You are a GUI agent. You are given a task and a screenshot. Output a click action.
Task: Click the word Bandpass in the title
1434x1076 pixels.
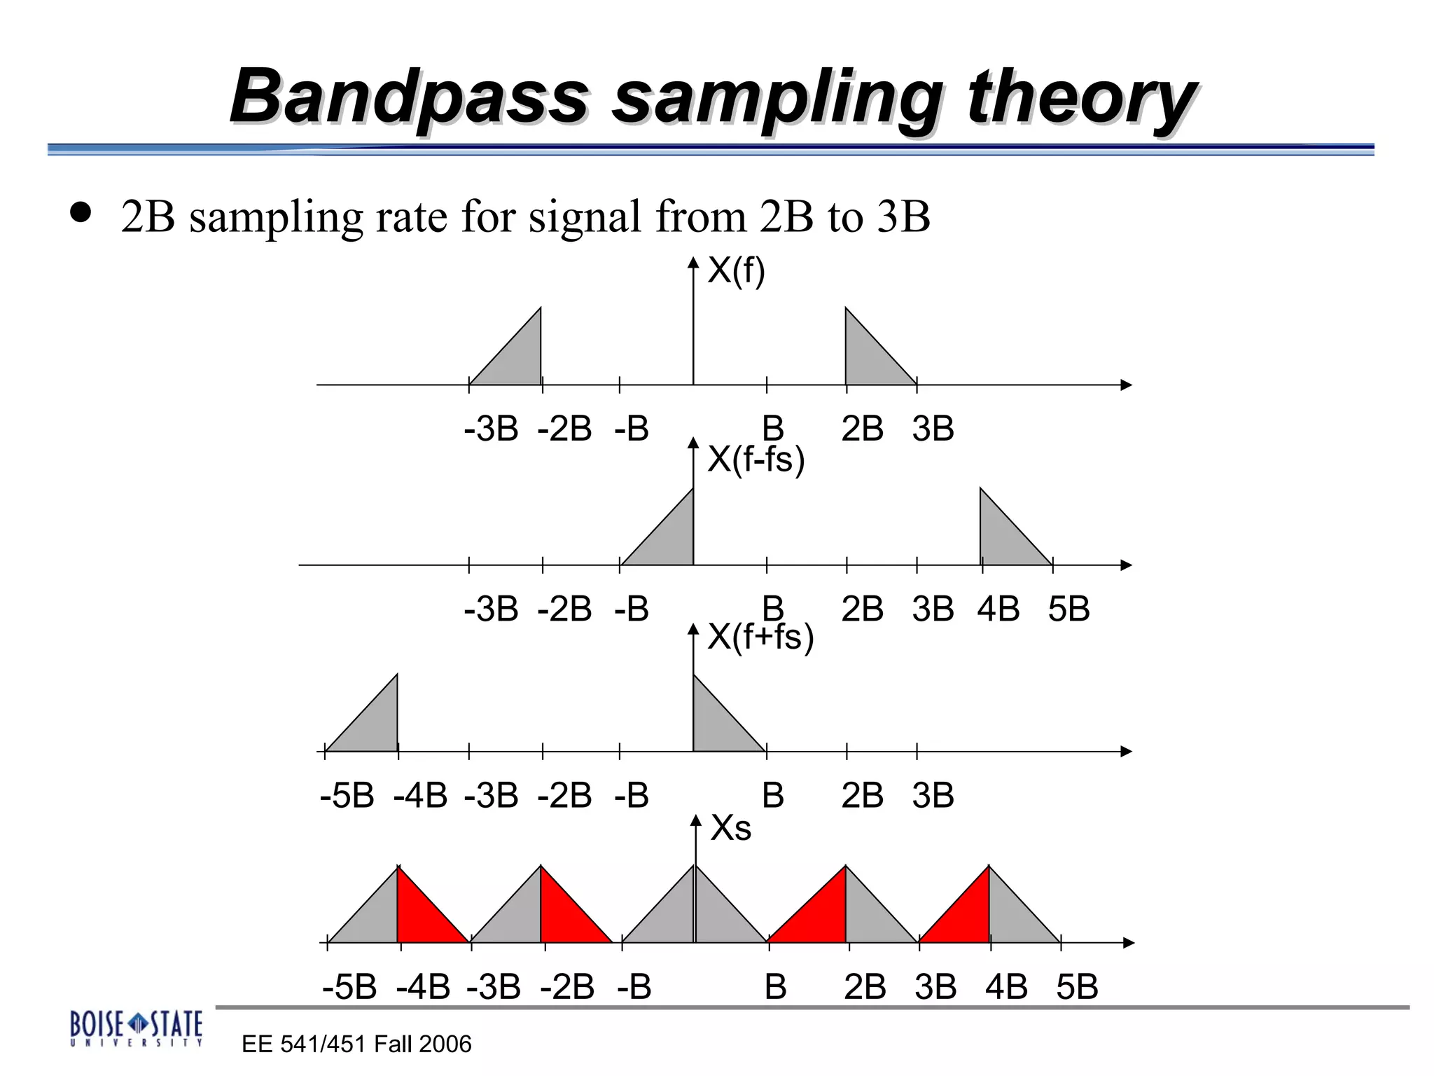click(410, 97)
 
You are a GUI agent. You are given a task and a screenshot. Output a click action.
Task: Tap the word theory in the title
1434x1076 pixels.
click(1082, 98)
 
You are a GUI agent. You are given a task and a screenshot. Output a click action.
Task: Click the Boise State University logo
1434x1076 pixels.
click(136, 1028)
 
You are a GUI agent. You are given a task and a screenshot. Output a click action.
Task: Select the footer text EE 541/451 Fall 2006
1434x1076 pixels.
click(356, 1044)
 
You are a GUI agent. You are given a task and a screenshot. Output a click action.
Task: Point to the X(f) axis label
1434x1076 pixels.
click(736, 270)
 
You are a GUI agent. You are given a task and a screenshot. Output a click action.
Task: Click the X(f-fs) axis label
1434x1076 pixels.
click(756, 460)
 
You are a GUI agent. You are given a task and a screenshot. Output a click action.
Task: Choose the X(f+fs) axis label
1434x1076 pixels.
click(760, 637)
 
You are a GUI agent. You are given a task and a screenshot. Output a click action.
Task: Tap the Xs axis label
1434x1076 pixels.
click(730, 828)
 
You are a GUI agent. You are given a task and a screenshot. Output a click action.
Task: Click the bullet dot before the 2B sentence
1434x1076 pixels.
click(81, 213)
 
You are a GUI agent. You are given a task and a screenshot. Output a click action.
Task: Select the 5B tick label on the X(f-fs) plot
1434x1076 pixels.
click(1068, 609)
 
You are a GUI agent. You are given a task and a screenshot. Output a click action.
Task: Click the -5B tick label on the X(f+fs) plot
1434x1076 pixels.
click(347, 796)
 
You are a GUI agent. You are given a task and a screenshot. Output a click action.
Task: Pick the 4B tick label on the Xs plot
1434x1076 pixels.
click(1006, 987)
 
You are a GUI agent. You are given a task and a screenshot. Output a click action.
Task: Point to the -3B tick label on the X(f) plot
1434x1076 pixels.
click(491, 429)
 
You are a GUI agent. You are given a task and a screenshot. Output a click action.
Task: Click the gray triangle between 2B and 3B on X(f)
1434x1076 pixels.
click(868, 357)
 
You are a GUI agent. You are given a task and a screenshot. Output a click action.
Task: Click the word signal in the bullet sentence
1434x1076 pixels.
click(585, 217)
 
